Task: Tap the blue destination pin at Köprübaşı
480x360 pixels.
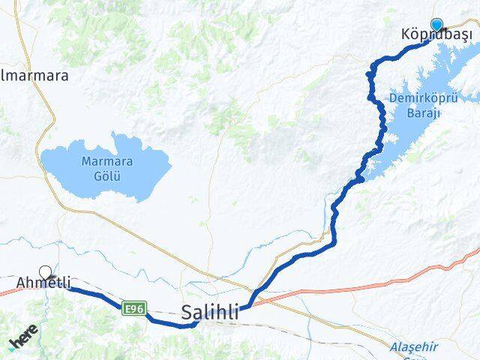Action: tap(437, 25)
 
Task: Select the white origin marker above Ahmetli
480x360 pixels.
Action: tap(46, 272)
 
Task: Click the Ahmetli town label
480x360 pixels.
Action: tap(43, 283)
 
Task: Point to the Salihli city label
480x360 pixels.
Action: tap(210, 313)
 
